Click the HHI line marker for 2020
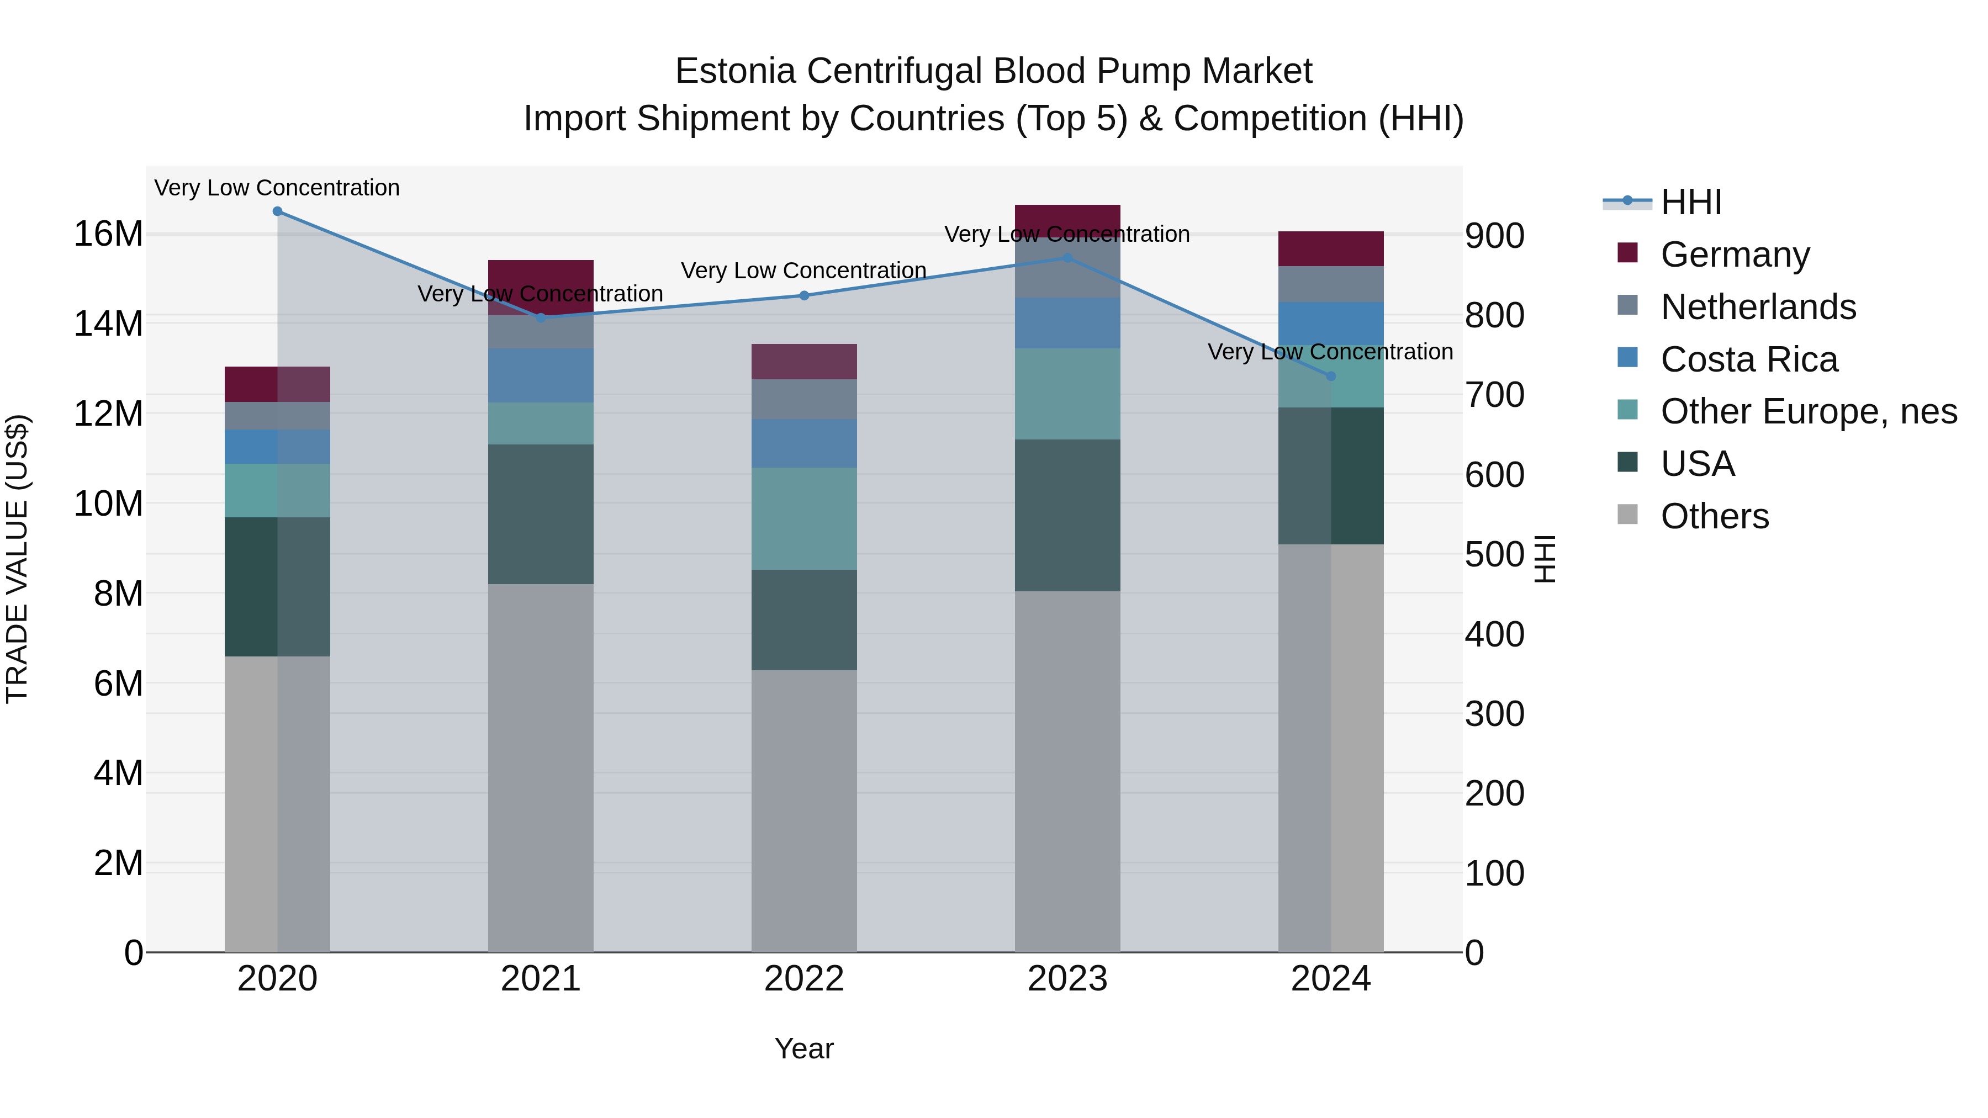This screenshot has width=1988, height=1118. [x=277, y=211]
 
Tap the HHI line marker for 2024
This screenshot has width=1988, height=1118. [x=1330, y=377]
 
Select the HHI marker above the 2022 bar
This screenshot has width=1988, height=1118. [x=804, y=295]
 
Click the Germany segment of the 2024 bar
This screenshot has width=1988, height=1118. [x=1330, y=249]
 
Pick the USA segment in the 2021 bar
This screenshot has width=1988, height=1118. [x=540, y=514]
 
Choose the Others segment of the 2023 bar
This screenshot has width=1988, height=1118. [x=1067, y=772]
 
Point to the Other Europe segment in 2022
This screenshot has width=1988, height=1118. [x=804, y=518]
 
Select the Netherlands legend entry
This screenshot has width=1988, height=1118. [x=1758, y=307]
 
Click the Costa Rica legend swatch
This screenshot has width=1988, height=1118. [x=1627, y=358]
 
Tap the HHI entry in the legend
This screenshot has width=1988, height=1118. [x=1690, y=202]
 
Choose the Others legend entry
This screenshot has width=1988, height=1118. [x=1714, y=516]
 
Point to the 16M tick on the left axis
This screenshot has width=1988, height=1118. [x=108, y=234]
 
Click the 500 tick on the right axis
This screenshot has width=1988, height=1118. [x=1494, y=555]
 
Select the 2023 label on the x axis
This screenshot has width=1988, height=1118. [x=1067, y=979]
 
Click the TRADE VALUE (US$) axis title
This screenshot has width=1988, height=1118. [x=17, y=559]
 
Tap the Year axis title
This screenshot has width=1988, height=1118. [x=804, y=1048]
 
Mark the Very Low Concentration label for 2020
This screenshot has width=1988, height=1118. [x=277, y=188]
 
